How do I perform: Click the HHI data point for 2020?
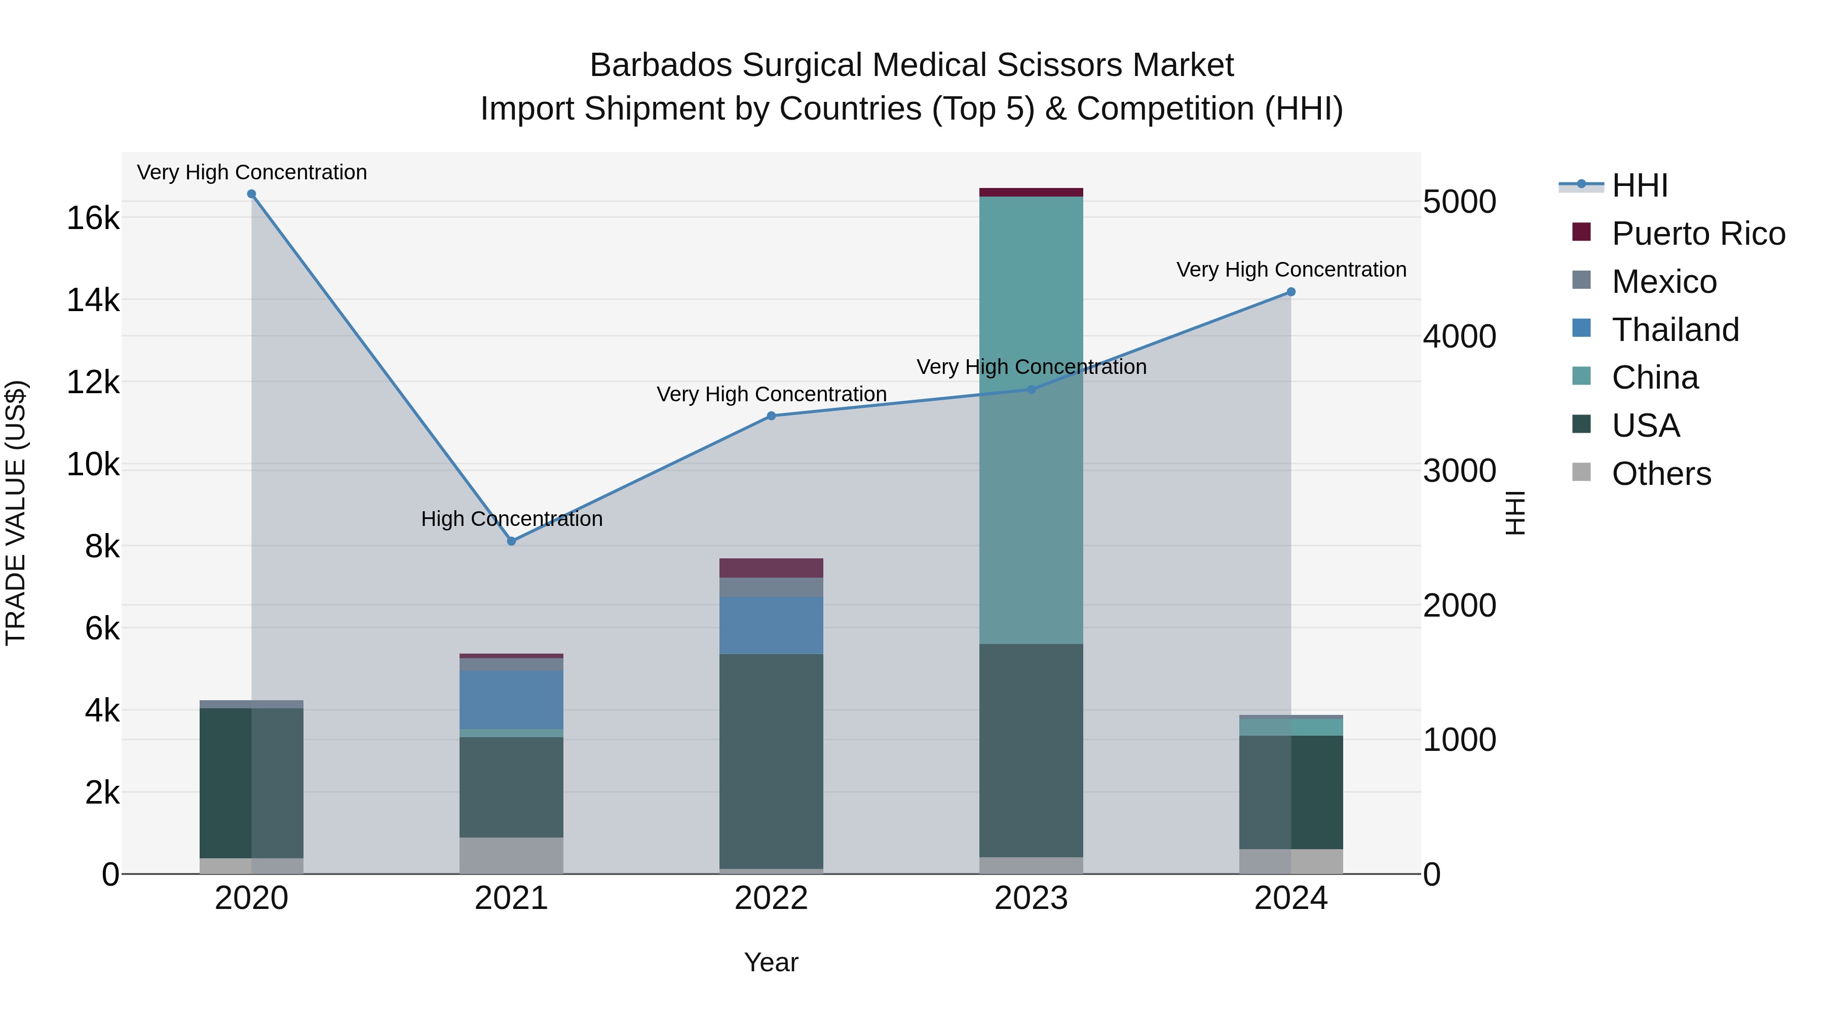[x=251, y=194]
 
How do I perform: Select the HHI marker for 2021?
[x=511, y=541]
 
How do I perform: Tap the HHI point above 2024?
[x=1291, y=292]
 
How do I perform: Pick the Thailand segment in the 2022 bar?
[x=771, y=625]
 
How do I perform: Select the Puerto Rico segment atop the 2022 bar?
[x=771, y=568]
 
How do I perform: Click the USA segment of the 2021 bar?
[x=511, y=787]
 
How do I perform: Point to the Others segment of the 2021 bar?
[x=511, y=855]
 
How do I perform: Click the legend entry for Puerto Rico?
[x=1697, y=234]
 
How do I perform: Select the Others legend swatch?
[x=1581, y=472]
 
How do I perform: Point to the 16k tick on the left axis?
[x=93, y=218]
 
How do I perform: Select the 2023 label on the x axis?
[x=1031, y=898]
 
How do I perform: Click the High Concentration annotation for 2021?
[x=511, y=519]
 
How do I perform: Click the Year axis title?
[x=771, y=962]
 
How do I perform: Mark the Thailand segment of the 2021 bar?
[x=511, y=700]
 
